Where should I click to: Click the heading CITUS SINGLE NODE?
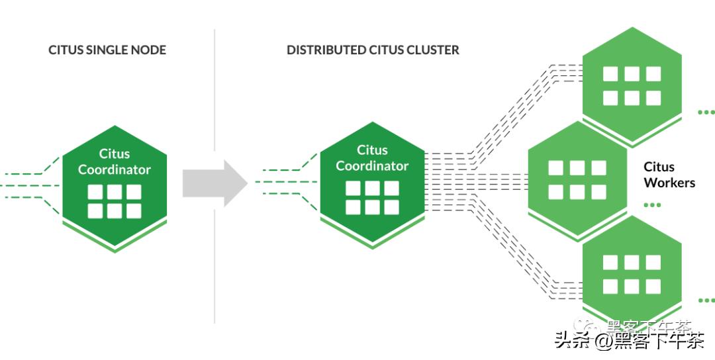(x=107, y=50)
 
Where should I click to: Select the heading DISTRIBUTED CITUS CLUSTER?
(x=373, y=50)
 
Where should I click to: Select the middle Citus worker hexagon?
(x=577, y=179)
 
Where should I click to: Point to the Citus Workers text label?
(x=669, y=175)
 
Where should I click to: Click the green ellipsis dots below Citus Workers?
(x=652, y=205)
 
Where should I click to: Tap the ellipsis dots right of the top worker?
(x=706, y=112)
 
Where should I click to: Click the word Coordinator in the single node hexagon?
(x=115, y=169)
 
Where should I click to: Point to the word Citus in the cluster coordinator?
(x=372, y=150)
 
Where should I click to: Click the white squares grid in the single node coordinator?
(x=115, y=201)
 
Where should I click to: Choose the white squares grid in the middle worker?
(x=577, y=179)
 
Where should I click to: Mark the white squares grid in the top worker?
(x=632, y=85)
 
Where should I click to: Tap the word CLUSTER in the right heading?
(x=434, y=50)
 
